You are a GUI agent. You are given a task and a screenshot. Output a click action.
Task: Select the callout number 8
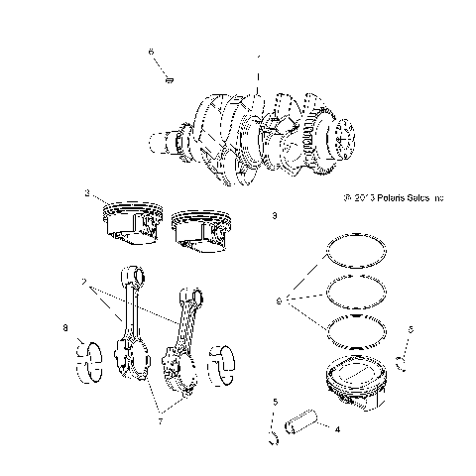pyautogui.click(x=64, y=326)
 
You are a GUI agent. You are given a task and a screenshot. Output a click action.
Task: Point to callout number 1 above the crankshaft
pyautogui.click(x=259, y=59)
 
